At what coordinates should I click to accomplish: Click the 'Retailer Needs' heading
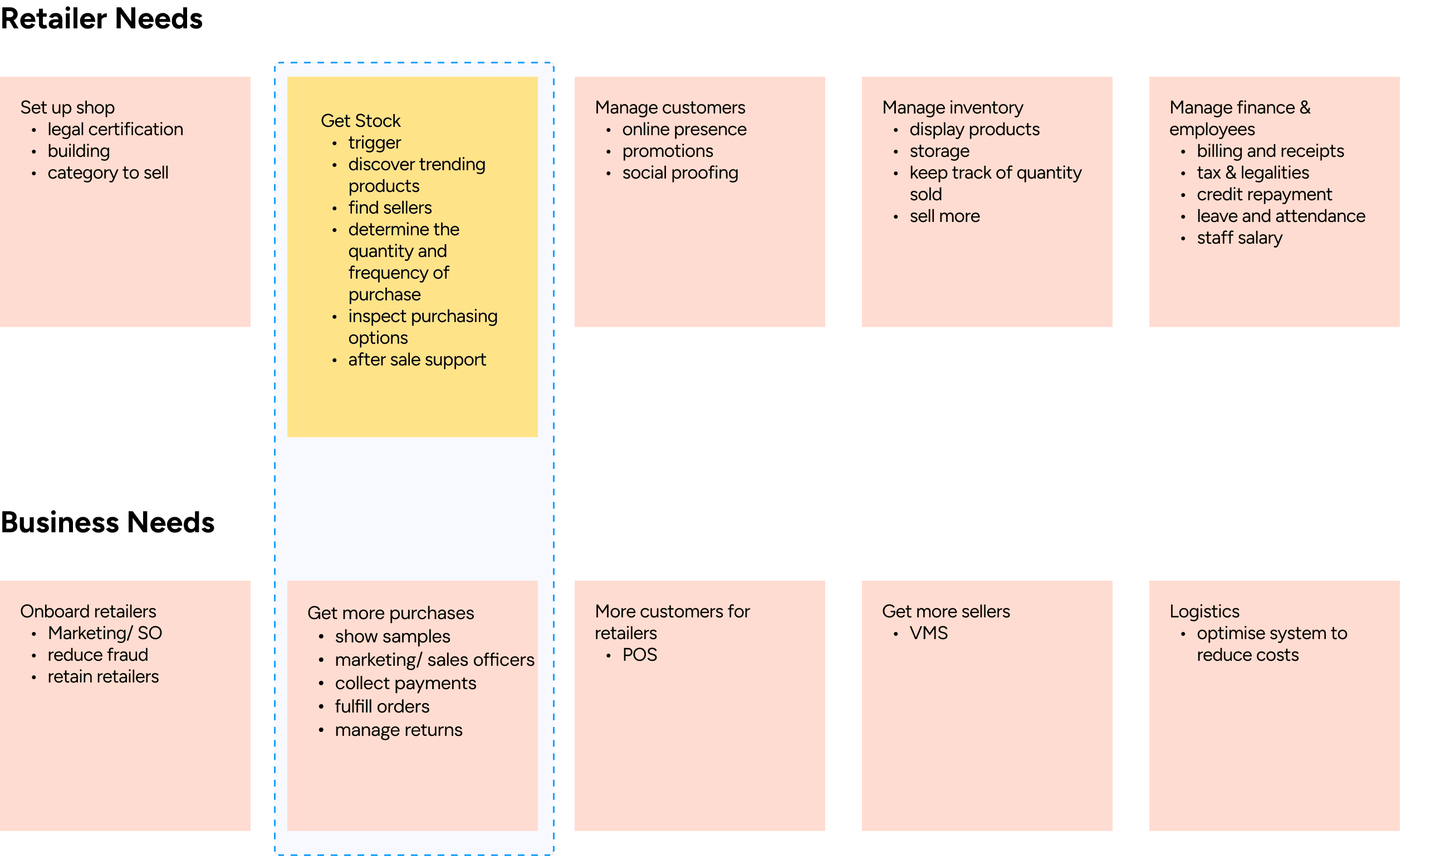pos(101,18)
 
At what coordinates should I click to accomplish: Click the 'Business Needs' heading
pos(107,522)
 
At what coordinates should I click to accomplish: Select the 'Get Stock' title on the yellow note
pos(361,121)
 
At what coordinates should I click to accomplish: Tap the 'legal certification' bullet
pos(115,130)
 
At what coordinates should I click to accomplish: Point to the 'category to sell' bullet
pos(108,173)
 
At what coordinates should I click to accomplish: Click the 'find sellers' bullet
pos(390,207)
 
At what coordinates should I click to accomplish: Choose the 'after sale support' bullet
pos(417,360)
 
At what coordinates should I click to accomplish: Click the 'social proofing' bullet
pos(680,173)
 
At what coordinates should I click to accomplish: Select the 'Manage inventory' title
pos(952,107)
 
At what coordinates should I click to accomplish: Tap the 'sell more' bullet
pos(944,216)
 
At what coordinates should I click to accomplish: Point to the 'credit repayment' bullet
pos(1264,194)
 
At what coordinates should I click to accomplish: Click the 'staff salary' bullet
pos(1239,238)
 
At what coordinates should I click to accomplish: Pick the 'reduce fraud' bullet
pos(97,655)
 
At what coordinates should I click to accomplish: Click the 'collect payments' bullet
pos(405,684)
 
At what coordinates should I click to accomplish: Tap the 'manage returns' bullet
pos(398,730)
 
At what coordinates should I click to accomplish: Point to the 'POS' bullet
pos(639,655)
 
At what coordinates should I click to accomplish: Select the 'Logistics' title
pos(1204,611)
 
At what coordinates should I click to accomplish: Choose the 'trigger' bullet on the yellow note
pos(375,143)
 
